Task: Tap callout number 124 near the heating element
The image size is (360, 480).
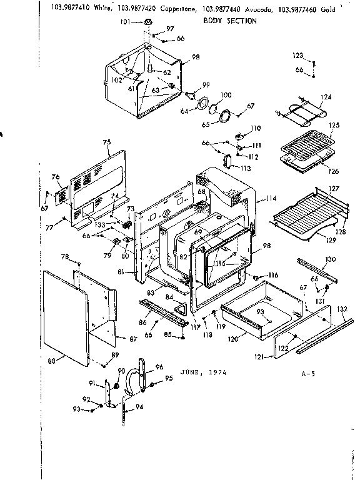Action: (326, 97)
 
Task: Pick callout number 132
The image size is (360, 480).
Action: (341, 309)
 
